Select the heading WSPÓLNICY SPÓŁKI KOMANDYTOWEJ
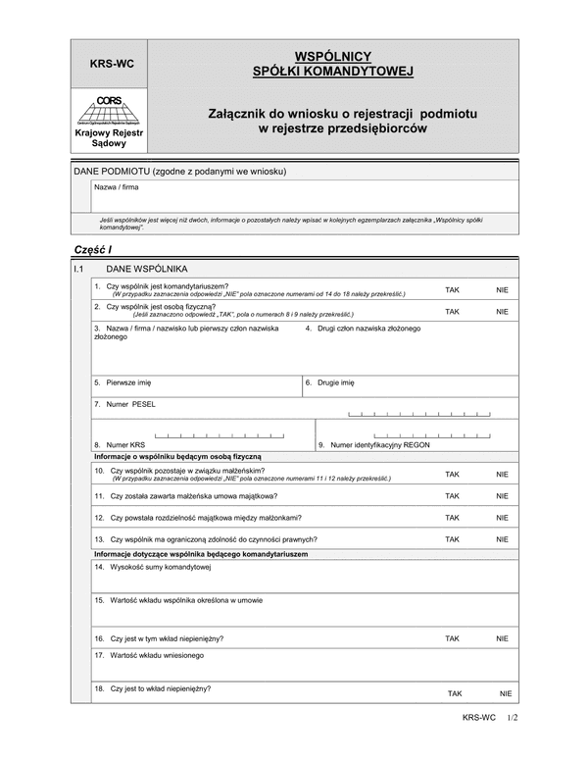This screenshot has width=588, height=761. click(333, 63)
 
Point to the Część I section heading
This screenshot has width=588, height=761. click(92, 249)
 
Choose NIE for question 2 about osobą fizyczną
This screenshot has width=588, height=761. click(502, 311)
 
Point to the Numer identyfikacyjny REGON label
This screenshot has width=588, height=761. click(373, 445)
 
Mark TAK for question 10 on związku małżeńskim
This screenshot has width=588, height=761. click(452, 474)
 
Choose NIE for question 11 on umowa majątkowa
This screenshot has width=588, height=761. click(502, 495)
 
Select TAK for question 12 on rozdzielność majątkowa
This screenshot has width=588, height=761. click(452, 518)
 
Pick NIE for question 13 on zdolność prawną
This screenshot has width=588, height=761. click(502, 539)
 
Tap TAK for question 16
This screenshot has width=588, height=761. click(452, 638)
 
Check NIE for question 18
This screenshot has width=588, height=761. click(506, 692)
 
